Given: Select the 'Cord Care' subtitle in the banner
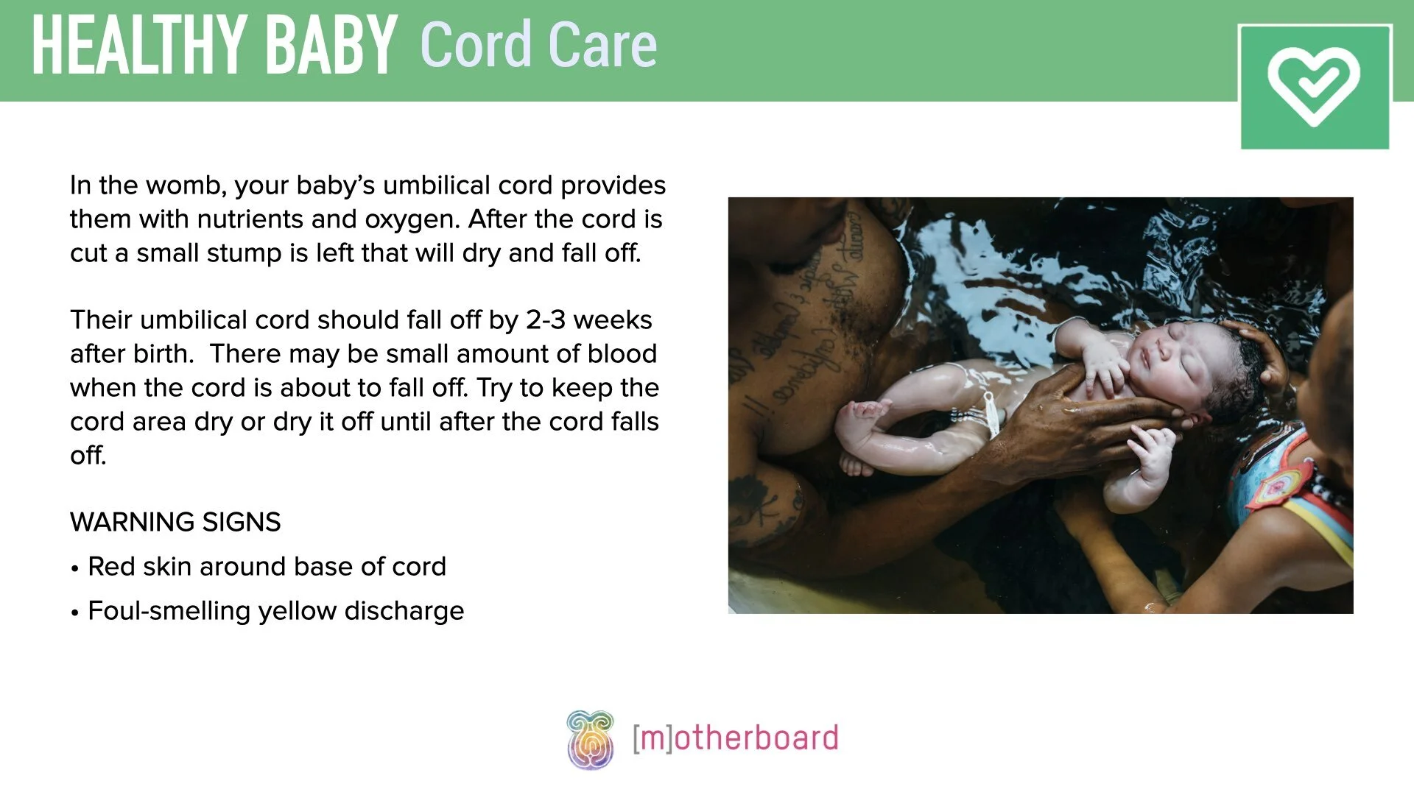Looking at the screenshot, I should pyautogui.click(x=538, y=46).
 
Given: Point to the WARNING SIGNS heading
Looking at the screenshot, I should pyautogui.click(x=175, y=523).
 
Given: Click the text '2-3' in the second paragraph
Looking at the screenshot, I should pyautogui.click(x=545, y=320).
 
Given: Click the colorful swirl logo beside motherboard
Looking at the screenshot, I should pyautogui.click(x=590, y=739).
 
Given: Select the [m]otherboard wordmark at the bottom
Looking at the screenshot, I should pyautogui.click(x=735, y=738).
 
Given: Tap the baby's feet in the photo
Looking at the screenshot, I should pyautogui.click(x=858, y=434).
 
